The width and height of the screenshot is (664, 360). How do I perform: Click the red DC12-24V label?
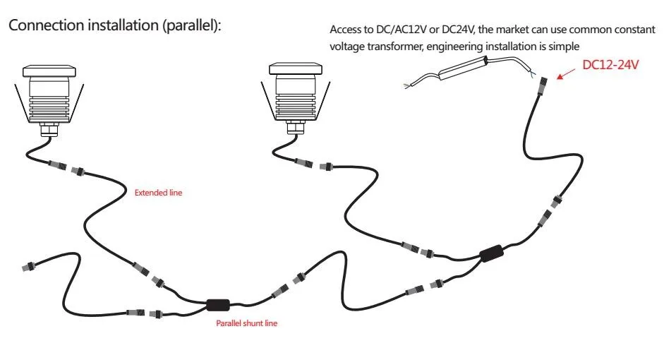pyautogui.click(x=610, y=65)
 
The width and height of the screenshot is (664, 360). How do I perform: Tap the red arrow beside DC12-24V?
pyautogui.click(x=566, y=73)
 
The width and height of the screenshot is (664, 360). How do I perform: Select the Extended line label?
pyautogui.click(x=158, y=193)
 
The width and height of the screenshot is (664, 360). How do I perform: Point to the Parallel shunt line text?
pyautogui.click(x=246, y=323)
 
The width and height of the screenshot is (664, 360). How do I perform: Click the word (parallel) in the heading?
pyautogui.click(x=191, y=25)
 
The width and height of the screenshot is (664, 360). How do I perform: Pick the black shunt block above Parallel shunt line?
pyautogui.click(x=219, y=305)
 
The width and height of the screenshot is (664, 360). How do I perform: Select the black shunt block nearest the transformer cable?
pyautogui.click(x=492, y=253)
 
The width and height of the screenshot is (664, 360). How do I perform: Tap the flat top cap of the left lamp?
pyautogui.click(x=49, y=71)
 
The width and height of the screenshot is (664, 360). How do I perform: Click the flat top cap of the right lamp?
pyautogui.click(x=296, y=69)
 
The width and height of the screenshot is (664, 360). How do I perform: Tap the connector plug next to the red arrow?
pyautogui.click(x=542, y=86)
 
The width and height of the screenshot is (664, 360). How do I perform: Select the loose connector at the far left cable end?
pyautogui.click(x=29, y=266)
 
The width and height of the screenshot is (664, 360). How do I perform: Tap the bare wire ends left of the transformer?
pyautogui.click(x=409, y=85)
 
